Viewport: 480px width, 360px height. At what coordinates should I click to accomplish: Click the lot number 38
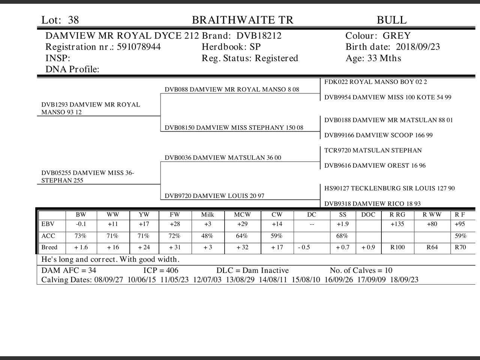73,20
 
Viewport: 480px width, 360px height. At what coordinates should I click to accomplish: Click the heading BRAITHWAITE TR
243,20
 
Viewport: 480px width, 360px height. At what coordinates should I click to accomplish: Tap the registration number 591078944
139,47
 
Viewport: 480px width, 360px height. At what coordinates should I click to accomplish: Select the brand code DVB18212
259,36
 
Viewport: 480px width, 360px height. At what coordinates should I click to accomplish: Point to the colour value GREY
397,36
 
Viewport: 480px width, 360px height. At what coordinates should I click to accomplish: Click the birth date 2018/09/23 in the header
418,47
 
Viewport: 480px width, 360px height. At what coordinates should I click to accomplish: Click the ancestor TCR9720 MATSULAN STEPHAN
373,150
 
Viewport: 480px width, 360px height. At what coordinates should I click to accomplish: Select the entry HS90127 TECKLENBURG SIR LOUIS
389,188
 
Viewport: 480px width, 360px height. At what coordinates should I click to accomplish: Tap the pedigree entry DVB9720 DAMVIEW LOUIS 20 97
214,196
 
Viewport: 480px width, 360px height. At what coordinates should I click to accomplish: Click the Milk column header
207,215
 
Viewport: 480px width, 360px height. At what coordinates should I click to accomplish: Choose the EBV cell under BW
81,224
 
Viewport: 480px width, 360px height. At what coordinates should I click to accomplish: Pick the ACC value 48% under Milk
207,236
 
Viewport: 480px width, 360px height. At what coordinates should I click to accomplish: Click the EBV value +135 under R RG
397,224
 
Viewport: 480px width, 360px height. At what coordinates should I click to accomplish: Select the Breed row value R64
432,247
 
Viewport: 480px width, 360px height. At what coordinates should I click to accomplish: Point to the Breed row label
49,247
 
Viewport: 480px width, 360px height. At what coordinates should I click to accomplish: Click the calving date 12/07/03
207,280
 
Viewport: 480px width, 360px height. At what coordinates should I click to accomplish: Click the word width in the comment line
167,259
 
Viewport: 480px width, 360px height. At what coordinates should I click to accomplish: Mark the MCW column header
242,215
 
